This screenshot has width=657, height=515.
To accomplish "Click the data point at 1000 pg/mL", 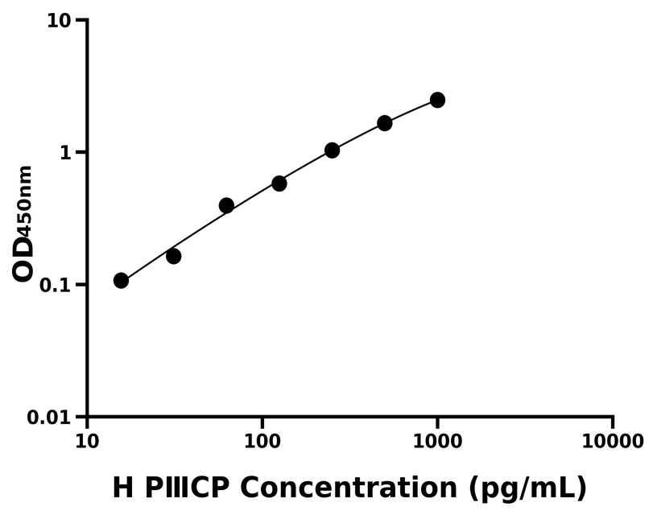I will tap(437, 100).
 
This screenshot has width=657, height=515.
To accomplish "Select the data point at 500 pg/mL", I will tap(385, 123).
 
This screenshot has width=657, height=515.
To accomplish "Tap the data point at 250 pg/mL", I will tap(332, 150).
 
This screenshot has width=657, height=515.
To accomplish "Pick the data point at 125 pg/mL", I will tap(279, 183).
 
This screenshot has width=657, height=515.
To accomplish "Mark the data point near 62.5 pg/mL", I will tap(226, 206).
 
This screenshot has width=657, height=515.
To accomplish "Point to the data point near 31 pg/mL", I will tap(173, 256).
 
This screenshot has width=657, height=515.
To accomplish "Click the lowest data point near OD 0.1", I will tap(121, 280).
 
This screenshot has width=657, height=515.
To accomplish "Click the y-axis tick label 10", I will tap(57, 20).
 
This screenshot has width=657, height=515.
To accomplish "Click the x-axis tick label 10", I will tap(87, 442).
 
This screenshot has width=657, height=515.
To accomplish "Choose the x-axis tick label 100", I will tap(262, 442).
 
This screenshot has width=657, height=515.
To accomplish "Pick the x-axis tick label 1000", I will tap(437, 442).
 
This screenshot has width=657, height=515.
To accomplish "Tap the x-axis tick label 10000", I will tap(612, 442).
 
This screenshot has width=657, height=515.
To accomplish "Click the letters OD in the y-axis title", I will tap(24, 257).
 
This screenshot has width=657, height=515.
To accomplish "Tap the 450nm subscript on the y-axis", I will tap(26, 199).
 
